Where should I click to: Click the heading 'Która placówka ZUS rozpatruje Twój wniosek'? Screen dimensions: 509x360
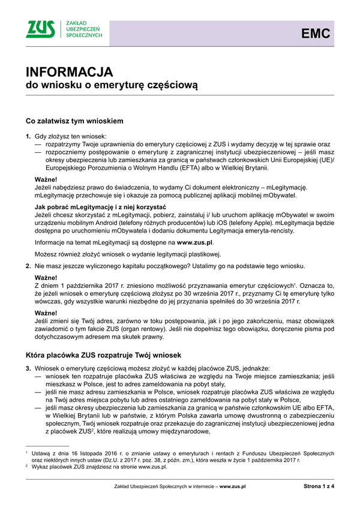[107, 355]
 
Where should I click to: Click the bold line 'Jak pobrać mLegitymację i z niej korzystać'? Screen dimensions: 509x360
[100, 207]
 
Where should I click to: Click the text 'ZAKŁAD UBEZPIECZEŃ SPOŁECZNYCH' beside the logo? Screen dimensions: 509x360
[83, 29]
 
